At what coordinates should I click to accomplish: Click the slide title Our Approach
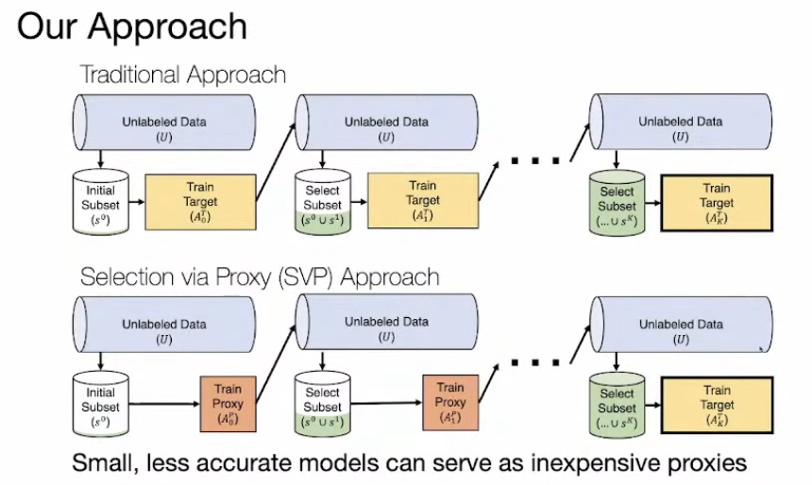(x=132, y=27)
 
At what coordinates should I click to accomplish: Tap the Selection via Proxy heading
(x=260, y=276)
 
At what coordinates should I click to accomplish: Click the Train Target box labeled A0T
(x=201, y=202)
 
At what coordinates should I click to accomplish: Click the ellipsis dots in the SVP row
(x=534, y=362)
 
